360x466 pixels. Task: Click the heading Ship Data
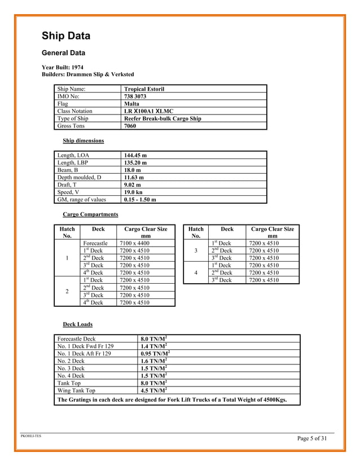click(66, 37)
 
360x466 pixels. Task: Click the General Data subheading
click(64, 54)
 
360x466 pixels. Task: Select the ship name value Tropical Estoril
click(144, 89)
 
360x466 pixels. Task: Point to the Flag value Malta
click(131, 104)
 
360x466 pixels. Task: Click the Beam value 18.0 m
click(132, 170)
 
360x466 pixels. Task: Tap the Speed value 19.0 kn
click(133, 192)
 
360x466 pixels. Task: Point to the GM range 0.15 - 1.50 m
click(140, 199)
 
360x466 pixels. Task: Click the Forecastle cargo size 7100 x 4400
click(135, 243)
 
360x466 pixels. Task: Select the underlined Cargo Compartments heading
click(90, 215)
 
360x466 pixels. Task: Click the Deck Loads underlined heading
click(77, 324)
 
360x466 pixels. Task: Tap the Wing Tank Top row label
click(76, 390)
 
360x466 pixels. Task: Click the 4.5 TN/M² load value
click(152, 390)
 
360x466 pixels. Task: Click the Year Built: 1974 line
click(63, 67)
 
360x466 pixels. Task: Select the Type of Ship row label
click(73, 118)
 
